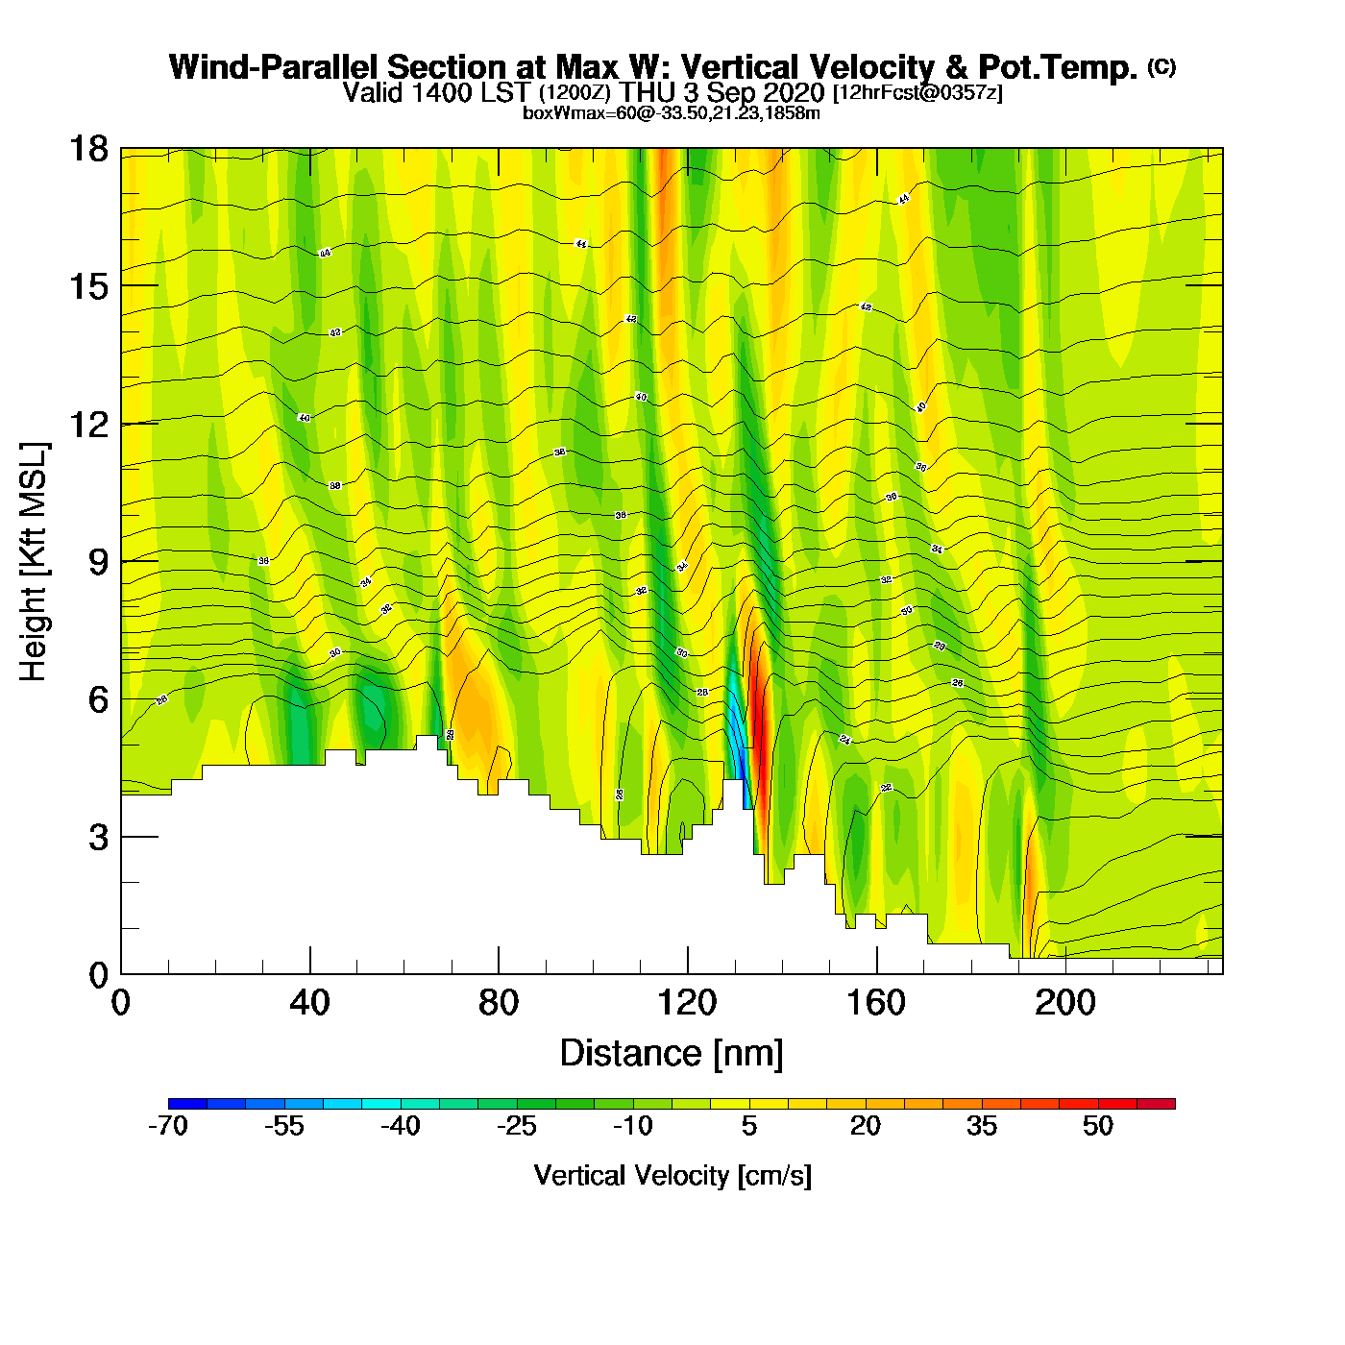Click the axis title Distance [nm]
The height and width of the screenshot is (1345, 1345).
click(x=672, y=1054)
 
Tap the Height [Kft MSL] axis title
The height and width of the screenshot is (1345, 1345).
click(x=34, y=562)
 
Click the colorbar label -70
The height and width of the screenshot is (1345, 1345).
click(x=168, y=1126)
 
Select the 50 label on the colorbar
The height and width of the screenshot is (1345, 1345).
click(x=1098, y=1126)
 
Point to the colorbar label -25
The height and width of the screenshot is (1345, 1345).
click(x=517, y=1126)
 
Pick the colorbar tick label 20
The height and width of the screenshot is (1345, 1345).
click(x=866, y=1126)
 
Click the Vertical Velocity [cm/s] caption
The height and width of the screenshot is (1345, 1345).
click(x=672, y=1175)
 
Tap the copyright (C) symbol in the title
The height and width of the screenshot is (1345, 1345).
click(x=1162, y=66)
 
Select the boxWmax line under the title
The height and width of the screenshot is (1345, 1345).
click(x=672, y=113)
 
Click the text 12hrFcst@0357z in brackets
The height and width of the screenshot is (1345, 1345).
click(x=918, y=93)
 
